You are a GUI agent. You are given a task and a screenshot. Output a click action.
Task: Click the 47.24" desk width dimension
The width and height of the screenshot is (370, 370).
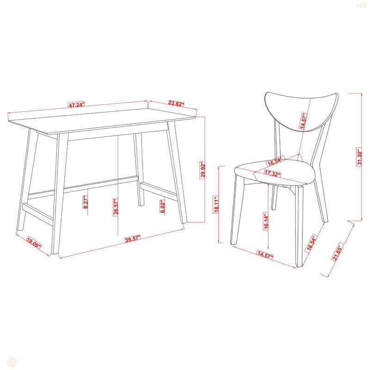77,105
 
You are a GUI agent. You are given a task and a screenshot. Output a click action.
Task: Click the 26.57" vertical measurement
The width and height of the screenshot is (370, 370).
115,206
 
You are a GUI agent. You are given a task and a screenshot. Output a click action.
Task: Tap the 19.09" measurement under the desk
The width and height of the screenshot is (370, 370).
33,243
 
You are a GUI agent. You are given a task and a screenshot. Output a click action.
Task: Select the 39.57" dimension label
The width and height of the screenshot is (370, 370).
132,239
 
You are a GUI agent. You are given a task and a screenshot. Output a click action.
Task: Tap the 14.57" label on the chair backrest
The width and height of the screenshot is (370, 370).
304,124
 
